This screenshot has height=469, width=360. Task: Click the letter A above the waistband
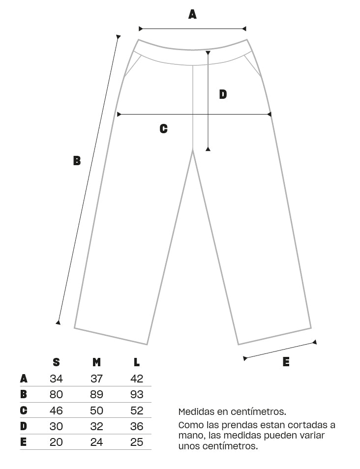pos(192,14)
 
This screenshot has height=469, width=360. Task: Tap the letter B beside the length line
pos(77,161)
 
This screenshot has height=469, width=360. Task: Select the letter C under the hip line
pos(163,129)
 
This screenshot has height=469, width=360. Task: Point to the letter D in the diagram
pos(223,94)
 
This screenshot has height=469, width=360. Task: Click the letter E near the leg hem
pos(286,362)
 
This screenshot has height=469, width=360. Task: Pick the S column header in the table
pos(56,362)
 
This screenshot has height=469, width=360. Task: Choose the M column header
pos(96,362)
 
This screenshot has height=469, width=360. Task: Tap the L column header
pos(137,362)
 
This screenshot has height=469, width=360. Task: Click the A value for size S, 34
pos(56,379)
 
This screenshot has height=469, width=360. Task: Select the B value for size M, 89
pos(96,395)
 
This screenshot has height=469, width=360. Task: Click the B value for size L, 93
pos(137,395)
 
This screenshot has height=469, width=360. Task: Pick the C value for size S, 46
pos(56,410)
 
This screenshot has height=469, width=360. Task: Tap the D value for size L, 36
pos(137,426)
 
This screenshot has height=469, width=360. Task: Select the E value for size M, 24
pos(96,442)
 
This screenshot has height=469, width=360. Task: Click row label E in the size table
pos(23,442)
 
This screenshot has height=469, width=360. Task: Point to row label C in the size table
pos(24,410)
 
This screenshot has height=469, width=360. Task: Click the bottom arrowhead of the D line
pos(208,148)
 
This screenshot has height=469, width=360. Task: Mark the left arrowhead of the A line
pos(141,29)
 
